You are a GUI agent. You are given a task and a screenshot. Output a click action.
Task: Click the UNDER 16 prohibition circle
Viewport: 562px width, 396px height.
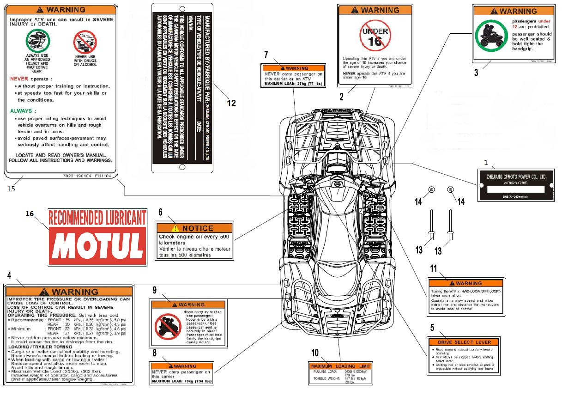(375, 37)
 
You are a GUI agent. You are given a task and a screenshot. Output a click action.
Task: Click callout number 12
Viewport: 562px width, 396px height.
(231, 103)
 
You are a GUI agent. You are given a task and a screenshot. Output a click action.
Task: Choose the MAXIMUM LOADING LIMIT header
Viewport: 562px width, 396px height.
(340, 366)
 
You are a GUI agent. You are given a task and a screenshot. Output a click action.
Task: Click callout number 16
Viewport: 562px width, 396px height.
(30, 213)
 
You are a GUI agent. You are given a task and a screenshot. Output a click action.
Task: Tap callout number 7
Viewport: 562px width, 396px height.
(266, 55)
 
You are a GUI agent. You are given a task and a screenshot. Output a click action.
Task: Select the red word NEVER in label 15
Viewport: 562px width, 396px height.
(19, 79)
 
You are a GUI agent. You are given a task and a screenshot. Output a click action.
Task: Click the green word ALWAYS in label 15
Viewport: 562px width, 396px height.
(21, 111)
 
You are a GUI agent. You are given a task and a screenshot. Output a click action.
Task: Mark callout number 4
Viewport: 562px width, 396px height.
(9, 275)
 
